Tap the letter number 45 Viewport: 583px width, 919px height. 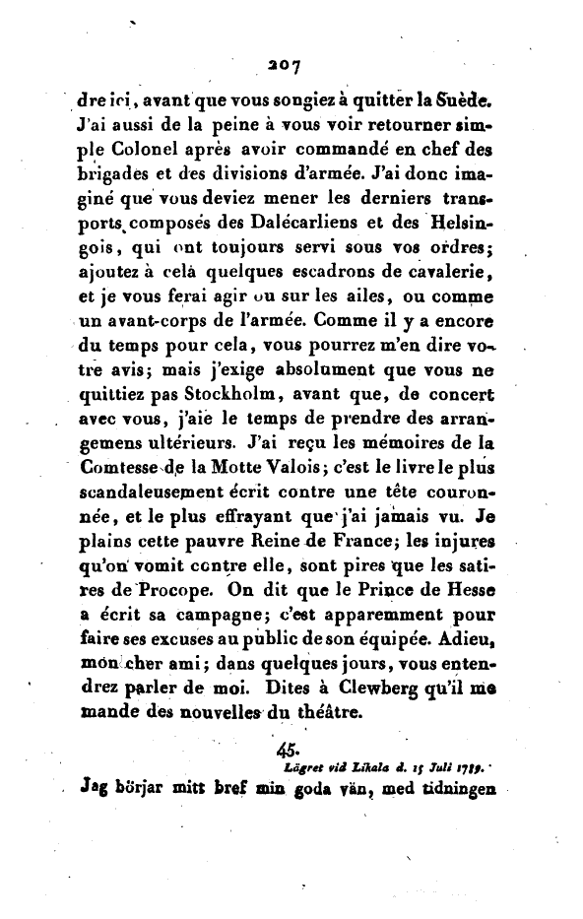pos(291,799)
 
